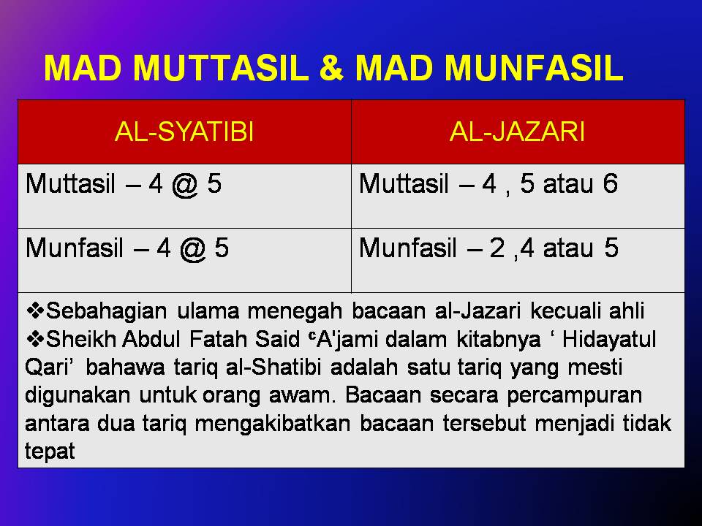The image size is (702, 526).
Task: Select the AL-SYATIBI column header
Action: (184, 133)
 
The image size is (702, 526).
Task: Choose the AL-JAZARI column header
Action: (517, 133)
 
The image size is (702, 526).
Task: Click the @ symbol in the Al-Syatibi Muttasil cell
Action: (185, 184)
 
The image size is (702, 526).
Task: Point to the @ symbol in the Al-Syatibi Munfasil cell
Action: (192, 249)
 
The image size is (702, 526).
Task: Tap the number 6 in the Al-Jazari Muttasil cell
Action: (610, 184)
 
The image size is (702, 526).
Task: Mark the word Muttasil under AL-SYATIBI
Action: (69, 184)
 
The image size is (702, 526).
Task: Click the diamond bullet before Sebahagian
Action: (34, 311)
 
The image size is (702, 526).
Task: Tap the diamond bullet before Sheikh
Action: (34, 339)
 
